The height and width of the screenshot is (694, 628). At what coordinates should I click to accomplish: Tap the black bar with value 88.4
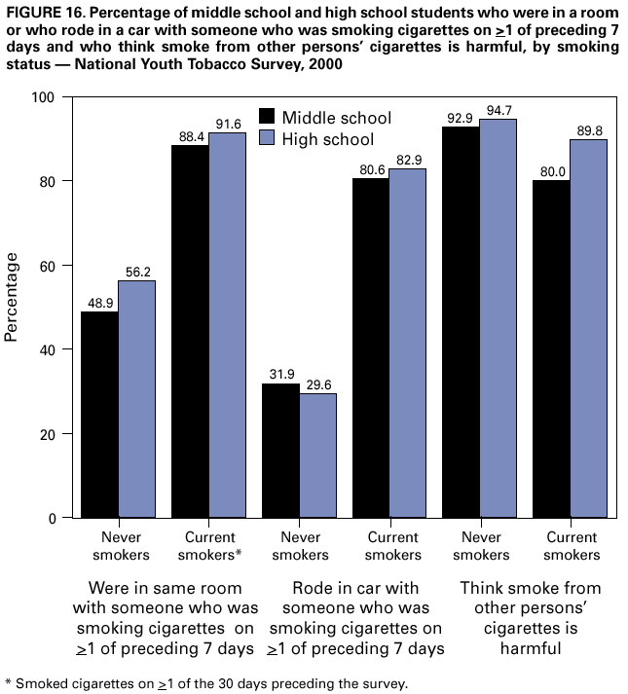click(x=190, y=331)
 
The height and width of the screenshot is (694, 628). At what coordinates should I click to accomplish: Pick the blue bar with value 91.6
click(x=227, y=325)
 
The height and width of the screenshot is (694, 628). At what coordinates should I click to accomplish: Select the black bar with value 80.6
click(x=371, y=347)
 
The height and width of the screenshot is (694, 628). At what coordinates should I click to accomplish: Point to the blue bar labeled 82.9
click(x=408, y=343)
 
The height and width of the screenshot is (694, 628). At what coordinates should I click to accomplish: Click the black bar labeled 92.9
click(x=462, y=322)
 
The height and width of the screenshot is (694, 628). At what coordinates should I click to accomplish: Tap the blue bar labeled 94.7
click(x=499, y=318)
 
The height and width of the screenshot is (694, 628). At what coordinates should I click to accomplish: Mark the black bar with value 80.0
click(x=551, y=349)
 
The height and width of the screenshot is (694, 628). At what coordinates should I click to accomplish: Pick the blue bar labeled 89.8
click(x=588, y=328)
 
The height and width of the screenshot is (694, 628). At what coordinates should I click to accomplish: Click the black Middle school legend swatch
click(x=267, y=118)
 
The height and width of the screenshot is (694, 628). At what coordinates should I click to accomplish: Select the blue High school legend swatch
click(x=267, y=139)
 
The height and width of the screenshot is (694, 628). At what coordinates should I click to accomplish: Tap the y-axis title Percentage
click(x=13, y=297)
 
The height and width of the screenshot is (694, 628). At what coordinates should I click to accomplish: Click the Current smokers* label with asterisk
click(x=208, y=546)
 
